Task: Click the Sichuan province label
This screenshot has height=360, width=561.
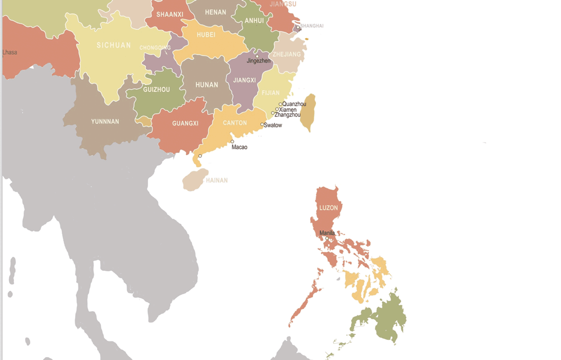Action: pyautogui.click(x=114, y=45)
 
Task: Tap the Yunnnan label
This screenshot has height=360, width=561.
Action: pyautogui.click(x=105, y=122)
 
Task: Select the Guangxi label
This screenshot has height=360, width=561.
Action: pyautogui.click(x=185, y=123)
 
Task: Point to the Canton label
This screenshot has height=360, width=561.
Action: pyautogui.click(x=235, y=123)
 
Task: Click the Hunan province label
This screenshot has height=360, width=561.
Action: pyautogui.click(x=206, y=85)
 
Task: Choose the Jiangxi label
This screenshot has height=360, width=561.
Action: pyautogui.click(x=244, y=80)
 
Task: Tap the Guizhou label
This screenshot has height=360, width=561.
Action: pyautogui.click(x=157, y=90)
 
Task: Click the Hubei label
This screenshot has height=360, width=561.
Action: pyautogui.click(x=206, y=35)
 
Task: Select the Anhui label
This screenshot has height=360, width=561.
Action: pyautogui.click(x=254, y=21)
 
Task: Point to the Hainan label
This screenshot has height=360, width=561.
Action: pyautogui.click(x=217, y=181)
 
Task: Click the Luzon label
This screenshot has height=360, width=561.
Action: pyautogui.click(x=329, y=208)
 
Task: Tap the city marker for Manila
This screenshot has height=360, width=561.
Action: pyautogui.click(x=327, y=239)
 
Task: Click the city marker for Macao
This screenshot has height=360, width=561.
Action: pyautogui.click(x=232, y=142)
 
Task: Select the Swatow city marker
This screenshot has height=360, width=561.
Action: pyautogui.click(x=262, y=124)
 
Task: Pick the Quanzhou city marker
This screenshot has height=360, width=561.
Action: pyautogui.click(x=280, y=104)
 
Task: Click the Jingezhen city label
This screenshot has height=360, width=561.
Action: pyautogui.click(x=259, y=61)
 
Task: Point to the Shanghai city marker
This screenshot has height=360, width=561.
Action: pyautogui.click(x=298, y=27)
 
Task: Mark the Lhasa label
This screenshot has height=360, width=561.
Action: pyautogui.click(x=10, y=53)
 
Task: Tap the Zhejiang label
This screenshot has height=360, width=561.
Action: pyautogui.click(x=287, y=54)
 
